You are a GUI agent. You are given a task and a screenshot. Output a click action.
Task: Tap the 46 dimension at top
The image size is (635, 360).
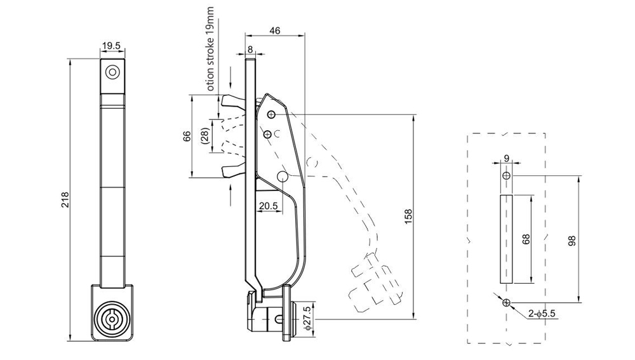(x=274, y=29)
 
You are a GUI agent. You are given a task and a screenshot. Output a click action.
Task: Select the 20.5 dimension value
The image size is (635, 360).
(x=267, y=206)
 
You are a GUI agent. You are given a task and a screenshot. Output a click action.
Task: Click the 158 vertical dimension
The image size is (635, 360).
(x=408, y=216)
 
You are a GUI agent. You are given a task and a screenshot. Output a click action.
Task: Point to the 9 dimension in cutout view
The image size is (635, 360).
(x=506, y=159)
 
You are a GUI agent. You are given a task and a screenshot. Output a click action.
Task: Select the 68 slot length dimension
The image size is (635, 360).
(x=525, y=239)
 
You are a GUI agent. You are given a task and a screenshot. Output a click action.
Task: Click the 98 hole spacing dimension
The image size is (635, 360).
(x=572, y=240)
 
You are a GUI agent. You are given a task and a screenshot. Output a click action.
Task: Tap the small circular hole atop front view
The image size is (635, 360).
(x=112, y=72)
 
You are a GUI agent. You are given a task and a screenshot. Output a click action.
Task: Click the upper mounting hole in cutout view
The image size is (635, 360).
(x=506, y=175)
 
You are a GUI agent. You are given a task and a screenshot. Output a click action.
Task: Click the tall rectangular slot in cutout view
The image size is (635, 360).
(x=506, y=239)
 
